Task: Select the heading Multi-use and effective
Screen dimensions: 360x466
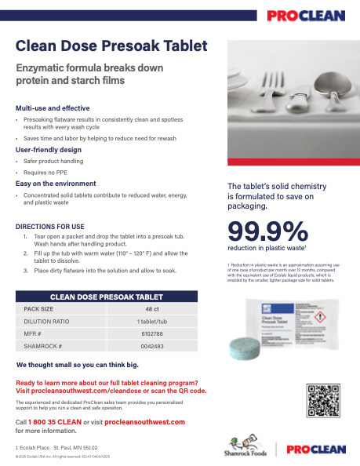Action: coord(53,107)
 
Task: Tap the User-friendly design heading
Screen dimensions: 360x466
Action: coord(49,149)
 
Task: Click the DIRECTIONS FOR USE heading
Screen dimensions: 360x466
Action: coord(51,226)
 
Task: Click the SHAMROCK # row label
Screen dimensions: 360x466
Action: coord(43,345)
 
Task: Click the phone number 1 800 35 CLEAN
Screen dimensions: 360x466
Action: coord(60,422)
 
